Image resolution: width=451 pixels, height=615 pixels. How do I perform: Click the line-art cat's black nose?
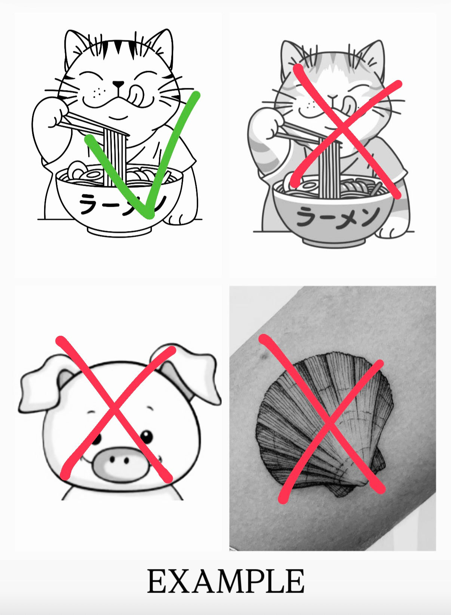tap(119, 84)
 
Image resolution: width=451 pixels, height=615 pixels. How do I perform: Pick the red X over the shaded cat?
tap(346, 131)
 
